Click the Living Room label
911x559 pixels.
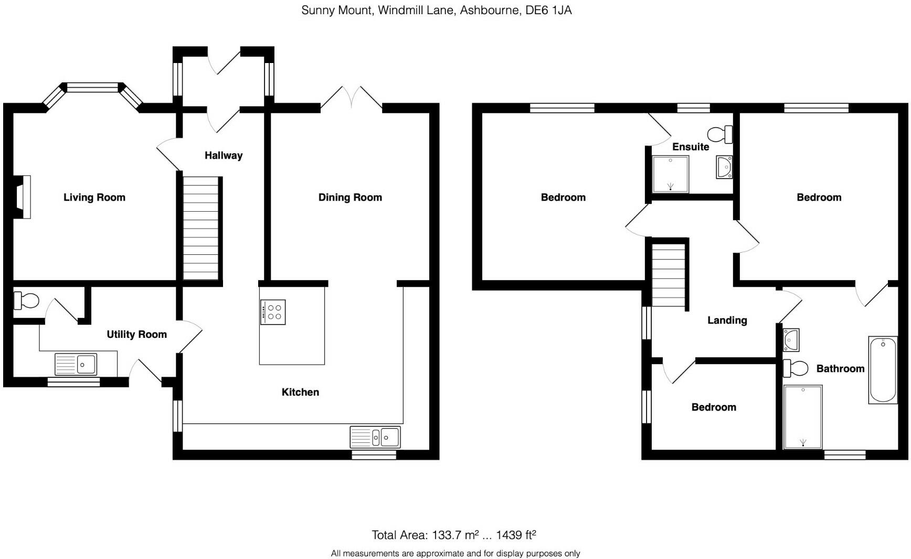pos(94,198)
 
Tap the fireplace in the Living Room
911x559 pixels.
pos(23,197)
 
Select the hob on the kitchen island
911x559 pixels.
pos(273,312)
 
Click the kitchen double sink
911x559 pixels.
pos(375,437)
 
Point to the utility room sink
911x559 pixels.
pos(76,364)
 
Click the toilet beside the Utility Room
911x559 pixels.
pos(26,302)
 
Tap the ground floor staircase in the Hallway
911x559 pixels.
pos(200,229)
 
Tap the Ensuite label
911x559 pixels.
pos(691,147)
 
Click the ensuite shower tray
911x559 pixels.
pos(670,174)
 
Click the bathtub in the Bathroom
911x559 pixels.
pos(883,370)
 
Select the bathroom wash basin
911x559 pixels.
pos(791,340)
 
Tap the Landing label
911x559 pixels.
pos(727,320)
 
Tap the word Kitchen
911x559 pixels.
pos(300,392)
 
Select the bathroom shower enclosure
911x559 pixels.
pos(803,417)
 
